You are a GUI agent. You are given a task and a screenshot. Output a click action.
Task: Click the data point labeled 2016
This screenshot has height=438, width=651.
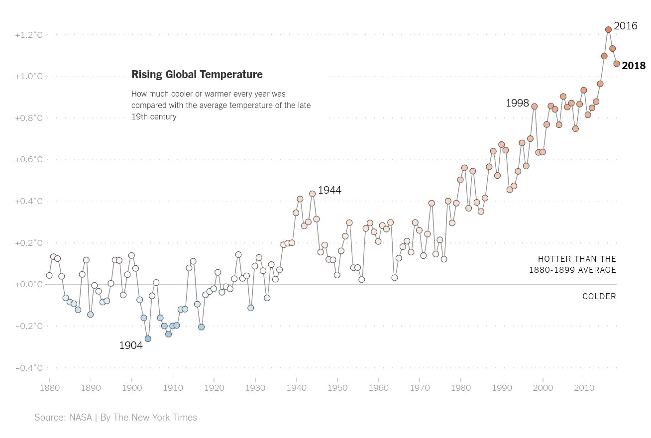[x=608, y=30]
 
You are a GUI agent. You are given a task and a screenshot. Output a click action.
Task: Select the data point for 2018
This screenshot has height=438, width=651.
[x=617, y=64]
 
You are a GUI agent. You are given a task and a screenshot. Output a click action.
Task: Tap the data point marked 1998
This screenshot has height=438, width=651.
[x=535, y=107]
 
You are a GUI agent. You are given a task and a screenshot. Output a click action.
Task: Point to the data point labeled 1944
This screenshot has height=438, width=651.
[x=313, y=194]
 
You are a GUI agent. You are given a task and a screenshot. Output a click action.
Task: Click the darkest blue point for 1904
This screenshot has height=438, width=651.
[x=148, y=338]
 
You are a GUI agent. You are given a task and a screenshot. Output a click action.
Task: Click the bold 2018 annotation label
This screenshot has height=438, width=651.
[x=634, y=66]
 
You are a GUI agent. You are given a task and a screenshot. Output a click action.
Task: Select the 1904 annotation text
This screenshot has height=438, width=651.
[x=131, y=345]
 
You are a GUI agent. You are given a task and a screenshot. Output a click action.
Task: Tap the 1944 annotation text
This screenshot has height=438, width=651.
[x=329, y=190]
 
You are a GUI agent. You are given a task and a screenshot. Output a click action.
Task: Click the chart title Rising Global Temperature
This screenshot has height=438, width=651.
[x=197, y=75]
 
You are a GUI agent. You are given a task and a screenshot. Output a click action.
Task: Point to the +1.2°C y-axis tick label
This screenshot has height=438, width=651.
[x=29, y=35]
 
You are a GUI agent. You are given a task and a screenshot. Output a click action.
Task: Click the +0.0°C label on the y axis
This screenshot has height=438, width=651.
[x=29, y=284]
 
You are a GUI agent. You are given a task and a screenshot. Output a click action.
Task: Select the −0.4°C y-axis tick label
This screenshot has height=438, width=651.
[x=29, y=368]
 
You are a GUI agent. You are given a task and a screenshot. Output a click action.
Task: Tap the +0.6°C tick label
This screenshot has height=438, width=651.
[x=29, y=159]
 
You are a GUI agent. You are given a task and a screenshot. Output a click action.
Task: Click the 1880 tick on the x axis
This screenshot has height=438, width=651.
[x=49, y=388]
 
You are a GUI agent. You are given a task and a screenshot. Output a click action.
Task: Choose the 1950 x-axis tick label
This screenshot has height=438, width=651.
[x=337, y=388]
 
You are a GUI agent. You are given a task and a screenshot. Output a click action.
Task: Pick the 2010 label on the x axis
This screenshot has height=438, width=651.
[x=584, y=388]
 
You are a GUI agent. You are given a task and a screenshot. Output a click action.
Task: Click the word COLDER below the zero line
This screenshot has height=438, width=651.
[x=599, y=297]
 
